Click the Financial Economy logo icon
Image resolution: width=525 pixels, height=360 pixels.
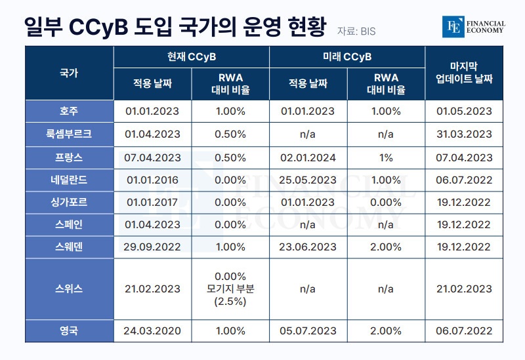pyautogui.click(x=453, y=27)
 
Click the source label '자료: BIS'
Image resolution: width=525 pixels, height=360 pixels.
pyautogui.click(x=356, y=31)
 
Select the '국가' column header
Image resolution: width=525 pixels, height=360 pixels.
pyautogui.click(x=69, y=73)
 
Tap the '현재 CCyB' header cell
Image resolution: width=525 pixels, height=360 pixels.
pyautogui.click(x=192, y=57)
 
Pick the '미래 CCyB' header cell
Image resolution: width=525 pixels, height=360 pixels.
pyautogui.click(x=347, y=57)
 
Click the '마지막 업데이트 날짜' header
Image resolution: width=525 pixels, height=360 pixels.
pyautogui.click(x=464, y=73)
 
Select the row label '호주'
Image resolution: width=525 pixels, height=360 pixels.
pyautogui.click(x=69, y=111)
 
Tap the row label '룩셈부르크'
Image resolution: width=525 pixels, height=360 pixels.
pyautogui.click(x=69, y=134)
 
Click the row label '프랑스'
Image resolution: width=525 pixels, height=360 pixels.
pyautogui.click(x=69, y=157)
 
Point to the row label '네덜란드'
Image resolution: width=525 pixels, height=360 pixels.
pyautogui.click(x=69, y=180)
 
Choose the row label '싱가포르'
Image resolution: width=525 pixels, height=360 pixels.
pyautogui.click(x=69, y=202)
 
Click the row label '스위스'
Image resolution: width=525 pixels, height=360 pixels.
pyautogui.click(x=69, y=289)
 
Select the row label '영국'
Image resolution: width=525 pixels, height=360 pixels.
pyautogui.click(x=69, y=330)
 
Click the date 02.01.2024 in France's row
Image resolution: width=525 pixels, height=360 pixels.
pyautogui.click(x=308, y=157)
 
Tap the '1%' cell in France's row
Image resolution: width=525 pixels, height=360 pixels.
pyautogui.click(x=386, y=157)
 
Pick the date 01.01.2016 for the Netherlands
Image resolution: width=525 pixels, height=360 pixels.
pyautogui.click(x=152, y=180)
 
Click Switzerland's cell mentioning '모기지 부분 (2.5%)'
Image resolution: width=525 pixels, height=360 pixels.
pyautogui.click(x=230, y=289)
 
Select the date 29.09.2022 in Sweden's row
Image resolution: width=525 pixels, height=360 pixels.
pyautogui.click(x=152, y=247)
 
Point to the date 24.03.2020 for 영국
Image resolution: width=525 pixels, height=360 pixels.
pyautogui.click(x=152, y=331)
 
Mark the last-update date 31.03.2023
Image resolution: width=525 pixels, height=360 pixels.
pyautogui.click(x=464, y=134)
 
